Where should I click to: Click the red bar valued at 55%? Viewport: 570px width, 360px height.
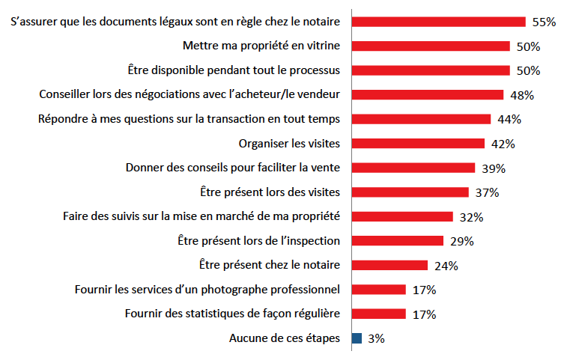(438, 22)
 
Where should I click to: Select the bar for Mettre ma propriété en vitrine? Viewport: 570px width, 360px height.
(430, 46)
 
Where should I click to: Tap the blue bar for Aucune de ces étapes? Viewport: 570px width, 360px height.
(357, 338)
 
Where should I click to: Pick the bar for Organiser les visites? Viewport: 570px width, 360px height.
(418, 144)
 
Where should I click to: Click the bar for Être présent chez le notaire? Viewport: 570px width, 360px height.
(389, 265)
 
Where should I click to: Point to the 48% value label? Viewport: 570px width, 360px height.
(521, 95)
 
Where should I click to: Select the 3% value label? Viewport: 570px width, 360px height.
(376, 338)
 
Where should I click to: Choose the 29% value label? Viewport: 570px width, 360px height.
(461, 241)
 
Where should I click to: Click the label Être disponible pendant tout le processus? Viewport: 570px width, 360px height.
(233, 70)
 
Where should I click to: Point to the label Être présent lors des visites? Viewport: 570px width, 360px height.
(271, 192)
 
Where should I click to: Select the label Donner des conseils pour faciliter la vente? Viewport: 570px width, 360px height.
(233, 168)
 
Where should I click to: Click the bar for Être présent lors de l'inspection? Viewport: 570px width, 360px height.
(397, 241)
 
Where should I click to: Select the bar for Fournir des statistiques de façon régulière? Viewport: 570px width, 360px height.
(378, 314)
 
